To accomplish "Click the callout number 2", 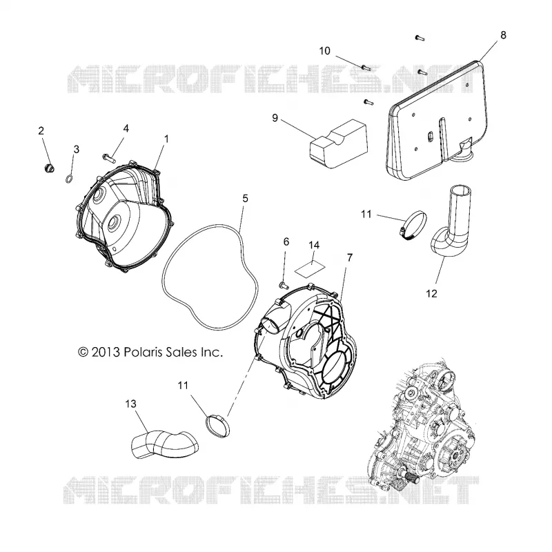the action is [x=41, y=131].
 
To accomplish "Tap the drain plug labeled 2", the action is [x=48, y=168].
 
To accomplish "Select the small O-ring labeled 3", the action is [x=70, y=179].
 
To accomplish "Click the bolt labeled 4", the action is [x=109, y=158].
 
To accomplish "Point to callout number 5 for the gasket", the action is [x=246, y=199].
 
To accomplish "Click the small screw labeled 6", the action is [x=284, y=286].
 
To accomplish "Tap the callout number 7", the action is [x=350, y=258].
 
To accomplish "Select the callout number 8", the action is [x=503, y=35].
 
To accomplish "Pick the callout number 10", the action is [x=324, y=51].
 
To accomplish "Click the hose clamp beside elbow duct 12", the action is [x=413, y=226].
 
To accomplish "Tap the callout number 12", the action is [x=432, y=294].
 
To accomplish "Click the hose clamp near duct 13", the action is [x=217, y=426].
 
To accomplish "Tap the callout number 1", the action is [x=166, y=139].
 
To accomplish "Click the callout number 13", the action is [x=130, y=404].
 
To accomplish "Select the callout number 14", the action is [x=314, y=245].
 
